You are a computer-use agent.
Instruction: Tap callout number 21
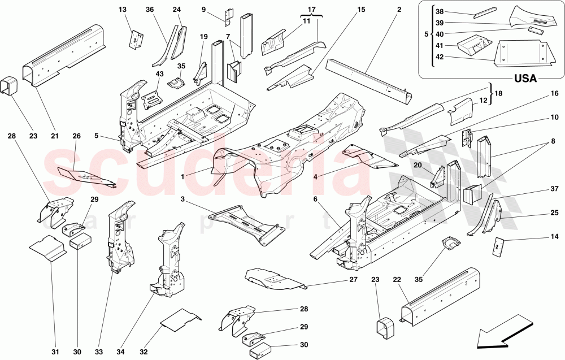click(55, 136)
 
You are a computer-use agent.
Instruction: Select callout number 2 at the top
click(399, 10)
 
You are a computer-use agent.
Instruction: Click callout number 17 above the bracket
click(311, 10)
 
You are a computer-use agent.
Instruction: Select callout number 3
click(183, 199)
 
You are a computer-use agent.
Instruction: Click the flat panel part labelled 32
click(181, 319)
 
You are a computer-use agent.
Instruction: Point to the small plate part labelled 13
click(136, 39)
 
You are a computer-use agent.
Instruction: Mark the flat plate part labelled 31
click(47, 249)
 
